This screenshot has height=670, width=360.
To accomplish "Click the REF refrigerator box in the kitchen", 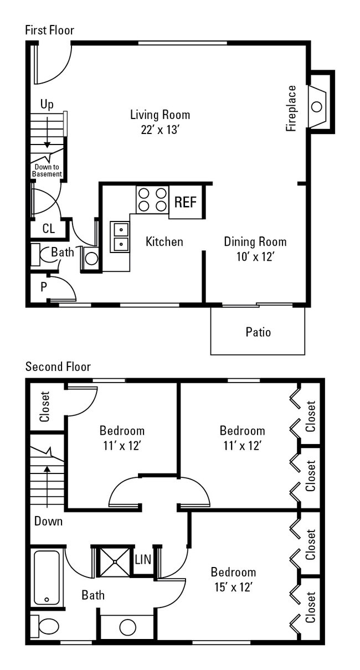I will (x=186, y=202).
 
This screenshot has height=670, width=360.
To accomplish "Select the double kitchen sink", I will (x=120, y=237).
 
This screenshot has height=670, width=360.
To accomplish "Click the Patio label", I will (x=258, y=332).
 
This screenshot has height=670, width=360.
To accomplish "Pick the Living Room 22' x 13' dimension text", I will (x=160, y=130).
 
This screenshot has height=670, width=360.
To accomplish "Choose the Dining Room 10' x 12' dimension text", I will (x=255, y=257).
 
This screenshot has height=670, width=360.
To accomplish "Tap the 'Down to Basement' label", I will (x=47, y=171).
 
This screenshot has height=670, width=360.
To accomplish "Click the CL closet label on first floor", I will (x=49, y=229).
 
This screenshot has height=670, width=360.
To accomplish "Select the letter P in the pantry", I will (x=43, y=287).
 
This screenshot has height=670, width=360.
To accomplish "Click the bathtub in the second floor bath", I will (x=47, y=577).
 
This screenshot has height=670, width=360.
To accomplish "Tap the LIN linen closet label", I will (x=143, y=560).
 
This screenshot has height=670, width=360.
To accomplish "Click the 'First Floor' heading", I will (x=49, y=30).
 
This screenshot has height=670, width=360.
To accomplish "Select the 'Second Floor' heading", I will (x=58, y=367).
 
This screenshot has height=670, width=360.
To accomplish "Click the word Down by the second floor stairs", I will (x=48, y=521).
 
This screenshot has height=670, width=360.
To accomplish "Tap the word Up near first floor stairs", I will (x=47, y=105).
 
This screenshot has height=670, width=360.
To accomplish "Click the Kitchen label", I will (x=164, y=242).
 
